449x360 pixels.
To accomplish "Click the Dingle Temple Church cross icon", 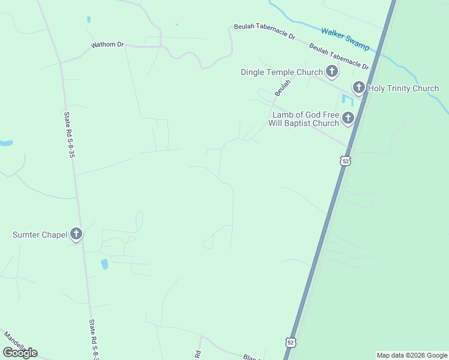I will click(x=331, y=72).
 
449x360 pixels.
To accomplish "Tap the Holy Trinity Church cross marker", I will click(x=359, y=88).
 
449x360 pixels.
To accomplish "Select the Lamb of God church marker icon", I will click(x=348, y=119).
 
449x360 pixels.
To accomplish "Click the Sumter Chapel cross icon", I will click(x=76, y=234).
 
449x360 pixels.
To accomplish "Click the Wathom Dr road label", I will click(x=107, y=45).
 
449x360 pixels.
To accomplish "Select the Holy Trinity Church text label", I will click(x=403, y=89).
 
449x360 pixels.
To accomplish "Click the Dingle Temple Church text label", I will click(x=282, y=73).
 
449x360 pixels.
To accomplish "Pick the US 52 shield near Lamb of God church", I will click(x=345, y=161).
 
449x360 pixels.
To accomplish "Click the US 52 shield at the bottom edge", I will click(x=291, y=343).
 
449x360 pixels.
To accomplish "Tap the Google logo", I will click(x=20, y=353).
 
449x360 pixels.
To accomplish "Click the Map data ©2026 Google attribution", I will click(x=412, y=355).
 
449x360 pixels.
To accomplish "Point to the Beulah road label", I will click(x=282, y=88).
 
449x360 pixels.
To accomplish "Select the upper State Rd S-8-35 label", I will click(x=70, y=135).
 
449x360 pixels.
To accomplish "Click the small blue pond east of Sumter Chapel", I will click(x=104, y=263).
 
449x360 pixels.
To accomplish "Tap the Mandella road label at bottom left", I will click(x=15, y=341).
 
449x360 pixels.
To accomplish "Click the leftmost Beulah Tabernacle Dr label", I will click(x=264, y=31).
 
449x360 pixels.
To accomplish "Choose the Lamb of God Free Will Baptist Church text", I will click(x=306, y=119).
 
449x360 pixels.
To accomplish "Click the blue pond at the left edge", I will click(x=5, y=143).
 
